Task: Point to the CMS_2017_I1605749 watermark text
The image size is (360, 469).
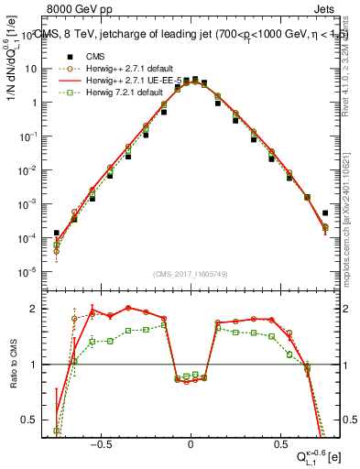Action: click(191, 273)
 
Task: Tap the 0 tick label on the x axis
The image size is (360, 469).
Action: click(191, 442)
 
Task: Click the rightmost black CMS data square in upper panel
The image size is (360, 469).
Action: click(325, 213)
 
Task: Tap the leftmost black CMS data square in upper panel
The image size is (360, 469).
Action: click(57, 233)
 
